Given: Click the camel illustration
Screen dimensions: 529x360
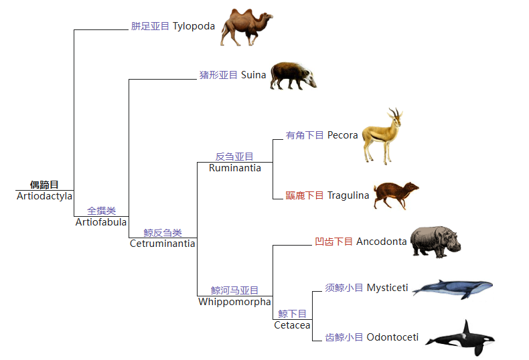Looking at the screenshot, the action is pos(246,27).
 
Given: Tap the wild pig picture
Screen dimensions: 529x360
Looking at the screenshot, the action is pos(293,76).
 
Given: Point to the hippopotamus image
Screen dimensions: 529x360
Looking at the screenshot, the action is pos(435,242).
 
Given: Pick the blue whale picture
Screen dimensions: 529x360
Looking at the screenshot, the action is pos(453,289).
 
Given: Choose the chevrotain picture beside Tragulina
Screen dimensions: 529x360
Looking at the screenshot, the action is pos(396,195).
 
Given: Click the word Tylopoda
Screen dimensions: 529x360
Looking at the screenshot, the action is pos(194,26).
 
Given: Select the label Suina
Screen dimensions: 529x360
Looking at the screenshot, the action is pos(253,75).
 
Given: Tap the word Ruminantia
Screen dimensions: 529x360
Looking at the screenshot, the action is pos(235,168).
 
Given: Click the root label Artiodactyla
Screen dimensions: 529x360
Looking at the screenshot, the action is pos(45,196).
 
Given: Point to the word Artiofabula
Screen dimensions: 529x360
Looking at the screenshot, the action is pos(101,222).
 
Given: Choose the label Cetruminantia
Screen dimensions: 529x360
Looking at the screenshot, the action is pos(162,244).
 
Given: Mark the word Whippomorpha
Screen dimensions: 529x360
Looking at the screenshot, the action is pos(234,302).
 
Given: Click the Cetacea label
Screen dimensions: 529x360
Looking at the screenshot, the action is pos(292,325).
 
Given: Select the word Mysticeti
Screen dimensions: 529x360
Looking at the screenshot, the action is pos(387,288).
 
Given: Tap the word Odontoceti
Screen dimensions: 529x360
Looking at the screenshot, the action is pos(392,337).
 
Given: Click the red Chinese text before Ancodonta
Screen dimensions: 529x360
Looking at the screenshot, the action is pos(333,242).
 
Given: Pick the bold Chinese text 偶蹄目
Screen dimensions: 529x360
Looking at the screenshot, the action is pos(44,185).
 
